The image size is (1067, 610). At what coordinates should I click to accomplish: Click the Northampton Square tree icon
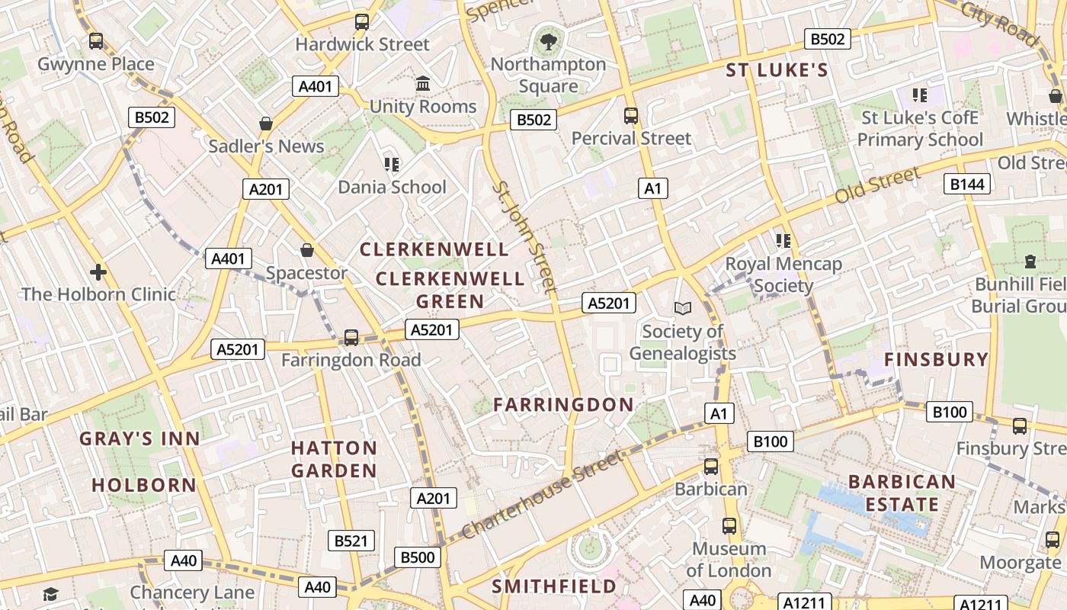pos(547,40)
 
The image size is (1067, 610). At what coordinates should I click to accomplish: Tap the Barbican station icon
pos(711,466)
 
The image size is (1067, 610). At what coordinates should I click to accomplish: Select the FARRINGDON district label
pos(563,405)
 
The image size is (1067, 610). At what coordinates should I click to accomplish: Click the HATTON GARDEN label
pos(334,459)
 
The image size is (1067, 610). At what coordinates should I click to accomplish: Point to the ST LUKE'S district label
pos(776,71)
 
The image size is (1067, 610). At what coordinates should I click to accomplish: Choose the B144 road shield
pos(967,184)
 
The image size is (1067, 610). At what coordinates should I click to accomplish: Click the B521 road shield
pos(351,541)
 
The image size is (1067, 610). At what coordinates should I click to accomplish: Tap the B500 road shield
pos(418,557)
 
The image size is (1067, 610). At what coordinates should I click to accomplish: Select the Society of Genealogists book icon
pos(683,308)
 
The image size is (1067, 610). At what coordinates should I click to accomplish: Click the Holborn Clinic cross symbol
pos(98,271)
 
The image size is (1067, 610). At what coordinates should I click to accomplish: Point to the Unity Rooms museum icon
pos(423,83)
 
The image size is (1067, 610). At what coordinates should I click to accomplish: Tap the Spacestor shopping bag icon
pos(306,249)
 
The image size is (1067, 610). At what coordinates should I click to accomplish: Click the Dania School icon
pos(392,164)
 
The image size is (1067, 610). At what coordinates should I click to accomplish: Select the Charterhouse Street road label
pos(542,495)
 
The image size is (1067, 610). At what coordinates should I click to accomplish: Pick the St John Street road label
pos(524,236)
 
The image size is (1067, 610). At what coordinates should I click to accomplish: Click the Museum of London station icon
pos(729,525)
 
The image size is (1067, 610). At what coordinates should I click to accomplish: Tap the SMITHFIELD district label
pos(554,586)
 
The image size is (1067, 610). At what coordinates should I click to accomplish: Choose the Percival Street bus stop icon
pos(631,116)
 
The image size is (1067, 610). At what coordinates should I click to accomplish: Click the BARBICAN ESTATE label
pos(902,493)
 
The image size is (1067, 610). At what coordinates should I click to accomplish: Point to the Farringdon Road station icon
pos(351,337)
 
